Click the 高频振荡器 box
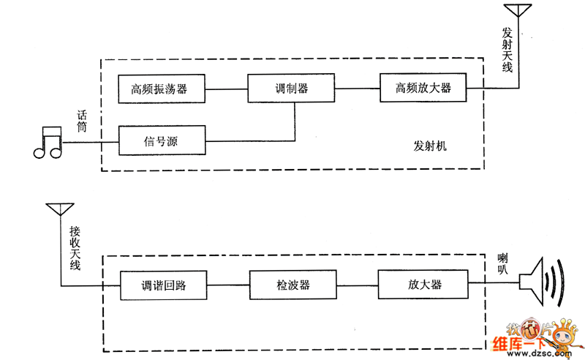160,89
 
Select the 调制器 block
291,89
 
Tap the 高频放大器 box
422,89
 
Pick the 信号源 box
160,140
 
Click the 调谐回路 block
162,285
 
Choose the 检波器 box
292,285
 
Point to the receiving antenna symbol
57,209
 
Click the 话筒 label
84,121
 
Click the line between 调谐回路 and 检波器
227,285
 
